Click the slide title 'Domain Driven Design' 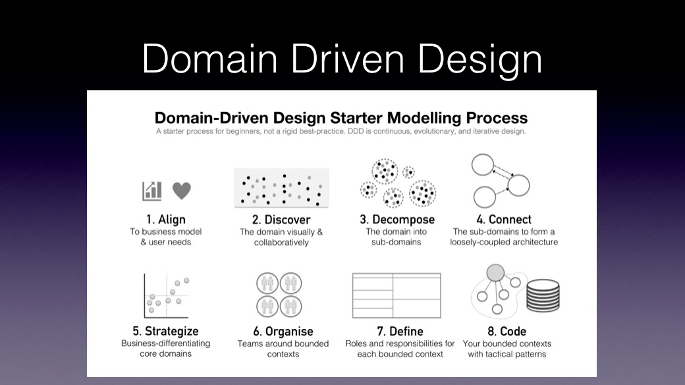click(x=342, y=59)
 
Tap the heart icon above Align click(x=182, y=191)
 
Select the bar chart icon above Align click(x=152, y=191)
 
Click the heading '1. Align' click(x=165, y=219)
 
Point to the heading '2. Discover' click(x=281, y=220)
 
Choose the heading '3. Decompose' click(x=397, y=219)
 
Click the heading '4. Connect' click(x=504, y=219)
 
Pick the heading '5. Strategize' click(x=165, y=331)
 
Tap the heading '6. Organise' click(x=283, y=331)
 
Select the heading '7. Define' click(x=400, y=331)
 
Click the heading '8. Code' click(x=507, y=331)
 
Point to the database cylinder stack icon click(x=543, y=296)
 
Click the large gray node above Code click(x=495, y=272)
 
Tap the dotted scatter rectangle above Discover click(x=281, y=188)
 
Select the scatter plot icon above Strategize click(x=167, y=296)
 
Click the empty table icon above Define click(x=397, y=295)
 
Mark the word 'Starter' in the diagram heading click(x=356, y=118)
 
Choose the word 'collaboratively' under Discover click(x=281, y=243)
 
